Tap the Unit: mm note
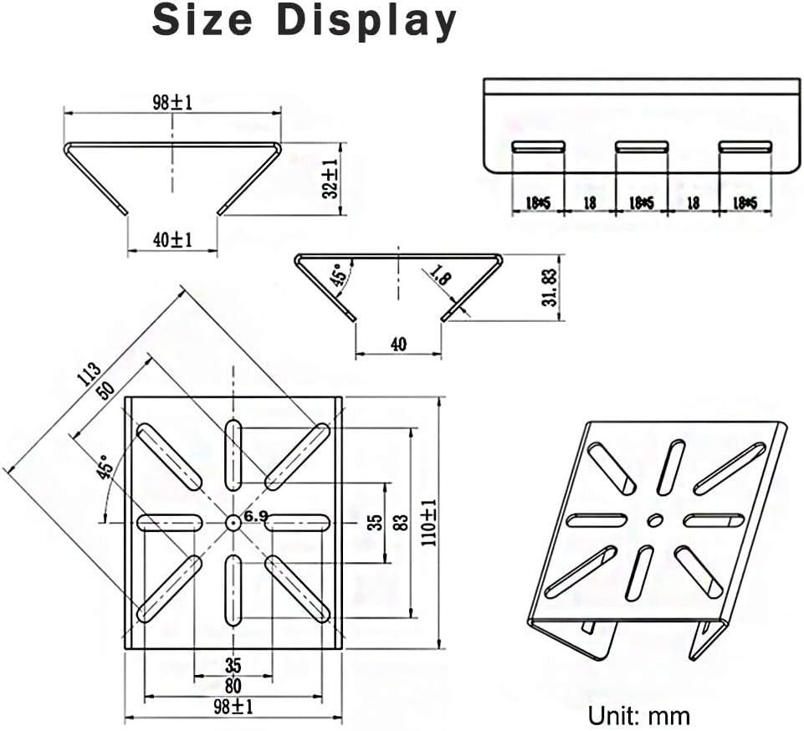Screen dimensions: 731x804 click(638, 715)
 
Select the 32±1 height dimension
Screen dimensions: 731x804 click(331, 179)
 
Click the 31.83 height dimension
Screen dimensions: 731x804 click(549, 287)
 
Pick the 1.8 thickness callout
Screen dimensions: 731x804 click(439, 277)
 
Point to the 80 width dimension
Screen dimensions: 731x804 click(233, 686)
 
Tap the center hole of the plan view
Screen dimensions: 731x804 click(233, 522)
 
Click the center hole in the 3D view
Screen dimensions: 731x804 click(656, 519)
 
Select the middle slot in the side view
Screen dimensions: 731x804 click(641, 146)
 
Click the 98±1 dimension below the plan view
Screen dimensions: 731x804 click(233, 707)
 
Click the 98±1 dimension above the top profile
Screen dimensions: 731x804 click(172, 102)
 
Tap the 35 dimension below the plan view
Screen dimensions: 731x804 click(233, 666)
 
